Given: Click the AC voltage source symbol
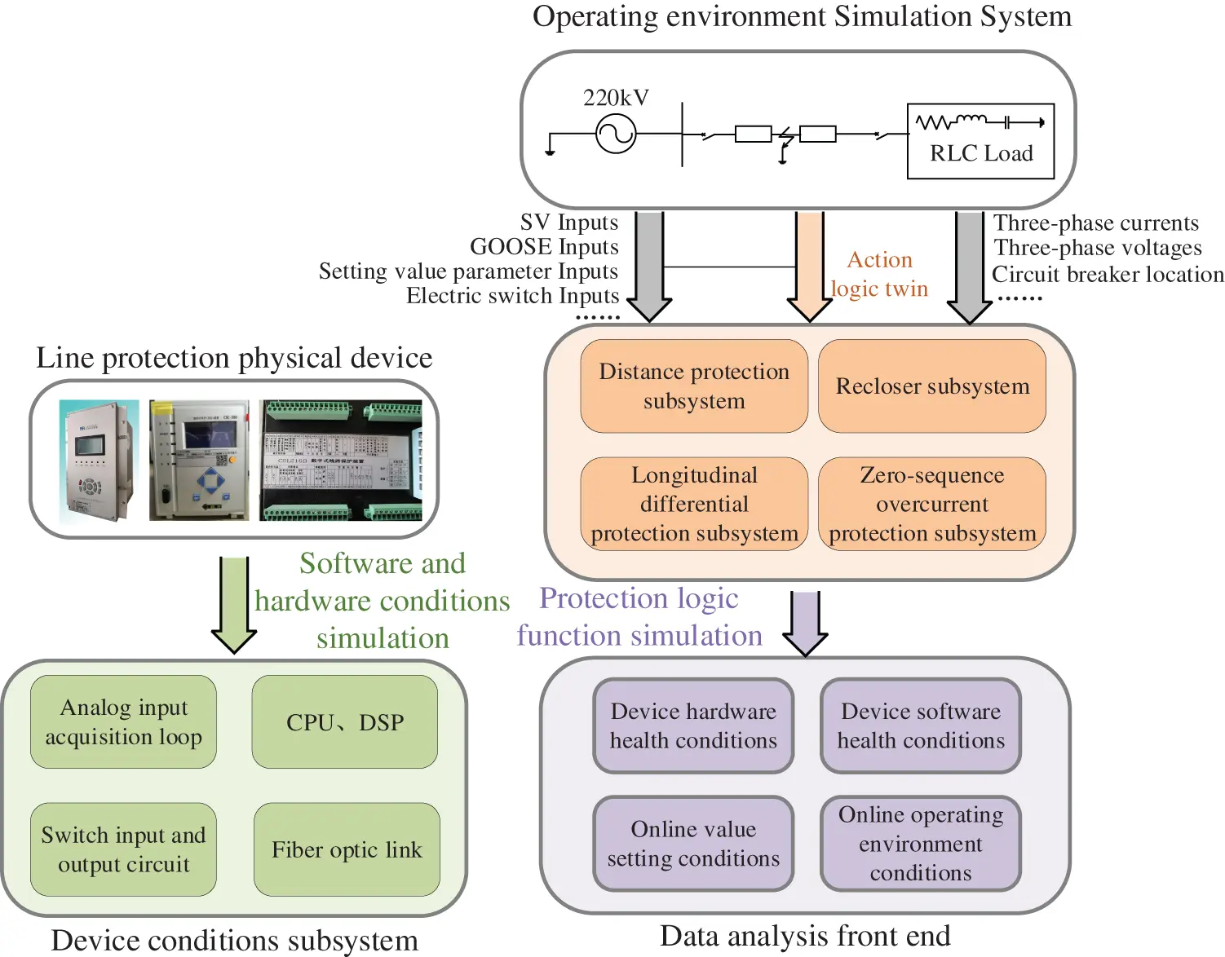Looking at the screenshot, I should click(x=616, y=133).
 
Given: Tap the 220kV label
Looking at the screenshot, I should click(x=616, y=98).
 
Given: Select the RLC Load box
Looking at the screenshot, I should click(x=980, y=141).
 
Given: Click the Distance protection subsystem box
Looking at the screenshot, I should click(x=694, y=386).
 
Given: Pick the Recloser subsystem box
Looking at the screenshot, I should click(x=932, y=386).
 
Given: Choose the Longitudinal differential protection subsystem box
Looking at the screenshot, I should click(x=694, y=504).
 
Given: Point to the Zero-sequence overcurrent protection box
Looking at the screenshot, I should click(x=932, y=504).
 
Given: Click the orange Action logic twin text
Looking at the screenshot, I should click(x=879, y=274).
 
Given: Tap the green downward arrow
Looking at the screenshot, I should click(x=234, y=604).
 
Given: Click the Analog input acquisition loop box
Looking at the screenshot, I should click(x=123, y=721).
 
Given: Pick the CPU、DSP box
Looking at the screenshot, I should click(x=345, y=721).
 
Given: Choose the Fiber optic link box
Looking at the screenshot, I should click(x=347, y=849).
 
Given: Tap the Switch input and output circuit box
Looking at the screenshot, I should click(x=123, y=849).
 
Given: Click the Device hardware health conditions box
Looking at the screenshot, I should click(x=693, y=725).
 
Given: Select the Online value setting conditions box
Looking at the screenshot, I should click(x=693, y=843).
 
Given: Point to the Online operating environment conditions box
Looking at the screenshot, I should click(x=921, y=843).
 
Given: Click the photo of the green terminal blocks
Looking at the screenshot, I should click(x=341, y=461).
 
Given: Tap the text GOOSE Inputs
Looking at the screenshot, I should click(x=544, y=247).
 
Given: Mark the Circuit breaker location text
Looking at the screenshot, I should click(x=1108, y=275).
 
